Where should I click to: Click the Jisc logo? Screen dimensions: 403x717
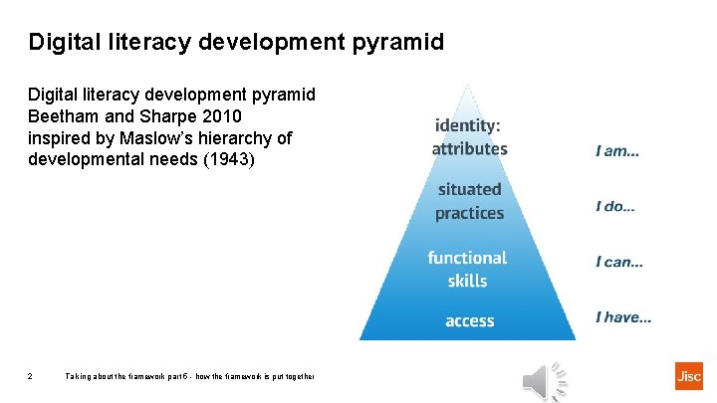(688, 376)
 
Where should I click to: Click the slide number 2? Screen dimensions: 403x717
(31, 376)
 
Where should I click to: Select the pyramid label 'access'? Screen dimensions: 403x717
(469, 320)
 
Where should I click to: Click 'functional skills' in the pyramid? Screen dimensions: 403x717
(467, 269)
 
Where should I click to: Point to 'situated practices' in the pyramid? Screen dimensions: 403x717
(469, 200)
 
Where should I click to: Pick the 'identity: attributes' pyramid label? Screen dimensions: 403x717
(469, 137)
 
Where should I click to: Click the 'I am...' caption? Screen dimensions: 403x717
(617, 151)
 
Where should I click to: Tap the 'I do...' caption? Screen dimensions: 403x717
(615, 207)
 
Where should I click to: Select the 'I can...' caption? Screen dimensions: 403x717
(618, 262)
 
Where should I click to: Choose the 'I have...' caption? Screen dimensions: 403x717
(623, 317)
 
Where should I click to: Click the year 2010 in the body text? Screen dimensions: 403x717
(221, 115)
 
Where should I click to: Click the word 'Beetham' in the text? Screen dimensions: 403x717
(64, 115)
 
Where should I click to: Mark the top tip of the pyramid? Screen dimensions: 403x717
(468, 86)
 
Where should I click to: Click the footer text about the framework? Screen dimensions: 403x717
(189, 376)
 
